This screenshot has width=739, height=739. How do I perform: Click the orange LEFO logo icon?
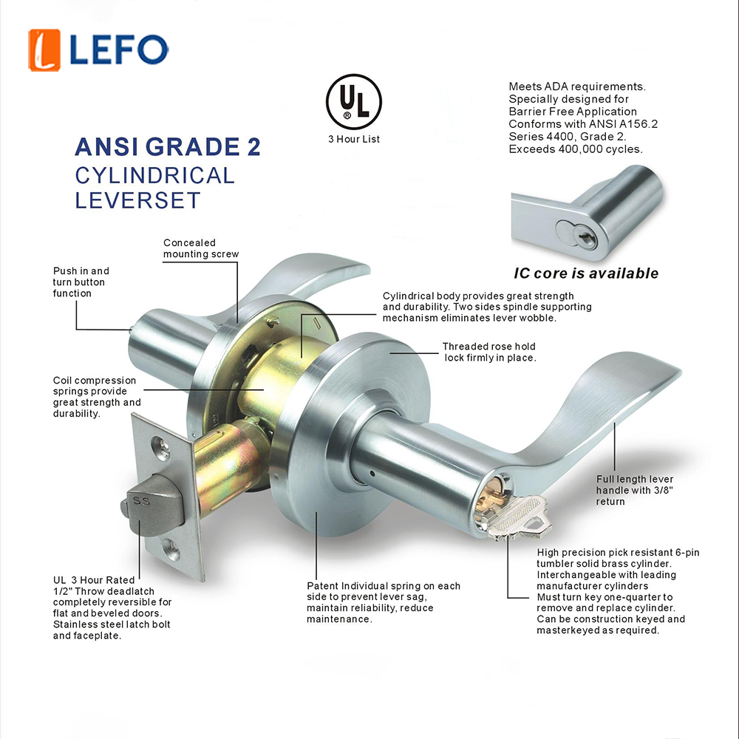click(44, 50)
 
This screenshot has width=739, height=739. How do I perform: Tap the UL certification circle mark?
click(353, 102)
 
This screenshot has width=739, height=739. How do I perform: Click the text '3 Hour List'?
click(354, 139)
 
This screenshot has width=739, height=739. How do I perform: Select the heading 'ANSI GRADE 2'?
click(167, 146)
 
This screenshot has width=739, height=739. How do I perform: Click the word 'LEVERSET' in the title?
click(138, 200)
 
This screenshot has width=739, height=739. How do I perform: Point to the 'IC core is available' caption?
click(586, 273)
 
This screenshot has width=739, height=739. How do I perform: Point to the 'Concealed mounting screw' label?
click(201, 248)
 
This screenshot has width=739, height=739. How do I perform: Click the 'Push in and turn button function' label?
click(81, 282)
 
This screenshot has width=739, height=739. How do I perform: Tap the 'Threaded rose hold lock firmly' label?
click(489, 352)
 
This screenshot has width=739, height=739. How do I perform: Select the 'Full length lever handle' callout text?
click(634, 490)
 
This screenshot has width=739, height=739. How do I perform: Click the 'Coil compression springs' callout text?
click(97, 397)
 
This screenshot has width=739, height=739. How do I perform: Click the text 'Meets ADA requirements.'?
click(577, 86)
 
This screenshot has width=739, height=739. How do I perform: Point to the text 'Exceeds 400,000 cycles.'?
click(576, 149)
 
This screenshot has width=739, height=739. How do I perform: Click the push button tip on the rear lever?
click(130, 330)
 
